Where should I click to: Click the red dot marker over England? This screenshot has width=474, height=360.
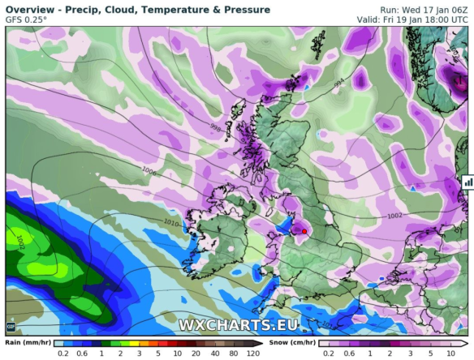tap(304, 231)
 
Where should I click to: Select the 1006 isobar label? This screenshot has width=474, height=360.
tap(149, 171)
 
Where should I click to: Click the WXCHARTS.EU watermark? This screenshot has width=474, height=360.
tap(239, 326)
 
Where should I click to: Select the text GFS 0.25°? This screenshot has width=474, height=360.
tap(27, 21)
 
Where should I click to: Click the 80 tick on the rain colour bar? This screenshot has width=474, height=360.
tap(231, 354)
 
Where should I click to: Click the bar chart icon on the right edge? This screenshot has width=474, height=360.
tap(468, 182)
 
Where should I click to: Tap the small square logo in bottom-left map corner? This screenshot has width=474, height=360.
tap(11, 327)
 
